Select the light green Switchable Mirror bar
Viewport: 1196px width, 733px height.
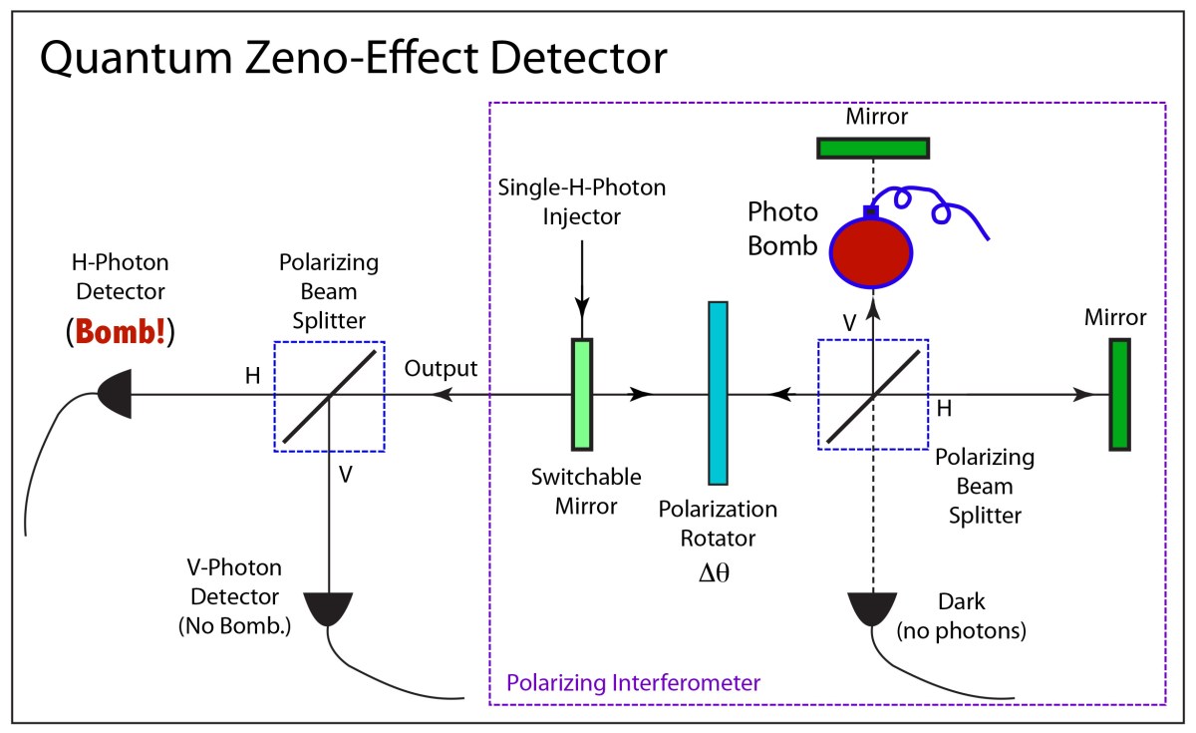[x=581, y=394]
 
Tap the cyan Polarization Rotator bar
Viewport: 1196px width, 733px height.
[x=719, y=393]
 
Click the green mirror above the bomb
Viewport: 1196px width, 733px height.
[x=873, y=148]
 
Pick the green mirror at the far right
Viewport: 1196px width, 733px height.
[x=1119, y=395]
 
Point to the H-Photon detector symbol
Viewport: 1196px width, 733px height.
[x=112, y=395]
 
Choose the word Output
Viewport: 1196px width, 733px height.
[x=441, y=368]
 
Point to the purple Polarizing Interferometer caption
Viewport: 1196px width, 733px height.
[x=634, y=683]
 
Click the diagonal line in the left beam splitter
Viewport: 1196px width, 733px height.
[x=329, y=395]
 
